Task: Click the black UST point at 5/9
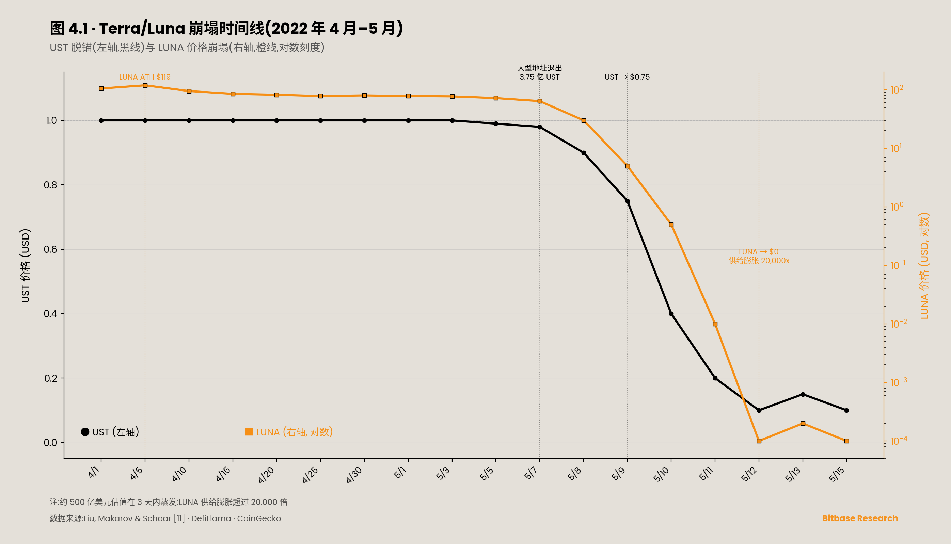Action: click(628, 201)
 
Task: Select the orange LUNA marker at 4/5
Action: click(145, 85)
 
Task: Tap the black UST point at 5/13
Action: click(803, 395)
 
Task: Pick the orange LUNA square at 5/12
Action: click(759, 441)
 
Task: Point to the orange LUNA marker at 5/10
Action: click(671, 225)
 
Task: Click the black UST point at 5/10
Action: click(671, 314)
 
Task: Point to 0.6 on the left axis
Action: click(50, 250)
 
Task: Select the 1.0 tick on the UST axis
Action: click(52, 121)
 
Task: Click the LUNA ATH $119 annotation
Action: click(145, 77)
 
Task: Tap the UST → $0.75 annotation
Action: click(627, 77)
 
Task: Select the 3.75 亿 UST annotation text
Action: click(539, 77)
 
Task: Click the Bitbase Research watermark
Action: click(860, 518)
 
